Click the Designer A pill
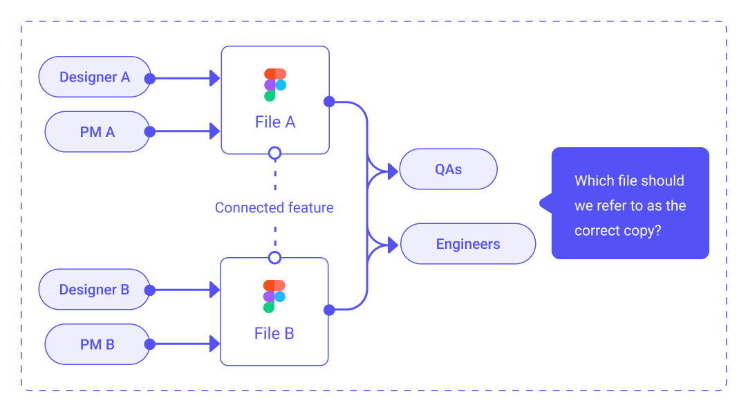pos(95,77)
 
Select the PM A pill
pos(97,131)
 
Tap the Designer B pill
pos(95,290)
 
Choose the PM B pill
pos(97,344)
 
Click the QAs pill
pos(449,169)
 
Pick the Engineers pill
pos(468,243)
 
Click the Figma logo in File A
pos(275,85)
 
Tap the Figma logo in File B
pos(274,297)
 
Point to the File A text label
pos(275,122)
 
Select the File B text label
pos(274,334)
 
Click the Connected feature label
pos(274,208)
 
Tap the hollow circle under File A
pos(274,153)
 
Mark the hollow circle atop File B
pos(274,258)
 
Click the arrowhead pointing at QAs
pos(393,171)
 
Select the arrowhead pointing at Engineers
pos(393,245)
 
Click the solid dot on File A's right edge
pos(329,102)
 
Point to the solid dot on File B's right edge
pos(329,310)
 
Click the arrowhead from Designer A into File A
pos(215,78)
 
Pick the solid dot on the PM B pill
pos(150,344)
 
